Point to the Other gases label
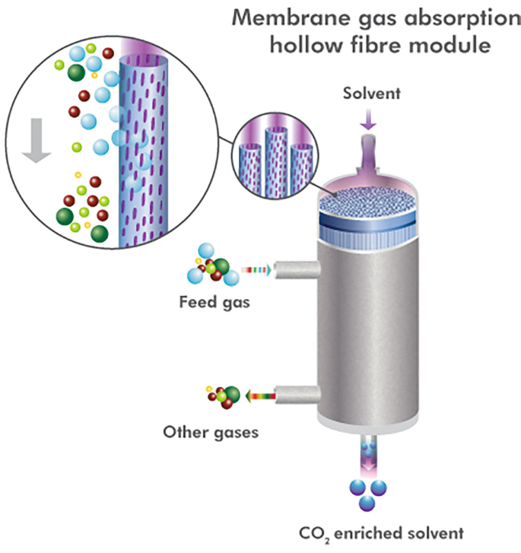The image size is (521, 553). point(211,433)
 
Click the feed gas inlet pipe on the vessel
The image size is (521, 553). point(294,269)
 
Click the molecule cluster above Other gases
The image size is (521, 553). point(221,395)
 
